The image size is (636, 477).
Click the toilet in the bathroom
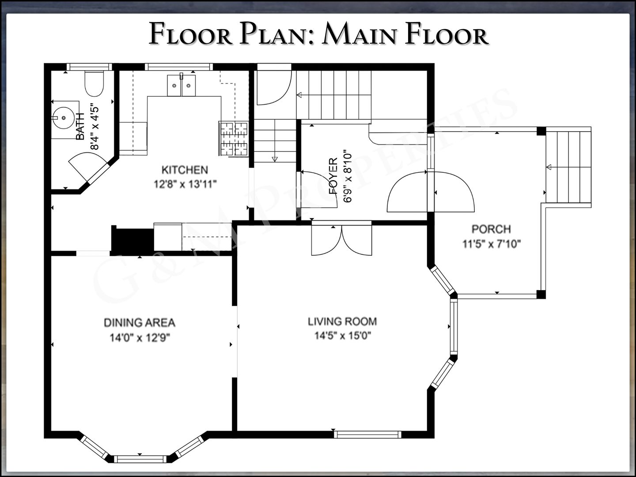coord(94,83)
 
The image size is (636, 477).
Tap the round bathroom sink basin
coord(64,118)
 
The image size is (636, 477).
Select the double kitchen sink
coord(181,85)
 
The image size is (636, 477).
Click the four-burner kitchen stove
coord(234,139)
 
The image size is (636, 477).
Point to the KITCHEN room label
coord(185,170)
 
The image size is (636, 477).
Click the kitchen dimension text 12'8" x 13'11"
coord(185,184)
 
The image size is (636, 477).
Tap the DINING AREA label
coord(140,322)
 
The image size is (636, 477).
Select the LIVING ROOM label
coord(342,322)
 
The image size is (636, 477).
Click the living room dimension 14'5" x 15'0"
coord(343,336)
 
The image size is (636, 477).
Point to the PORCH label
coord(491,229)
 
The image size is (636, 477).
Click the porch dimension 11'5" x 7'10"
coord(492,244)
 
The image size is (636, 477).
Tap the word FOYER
coord(333,176)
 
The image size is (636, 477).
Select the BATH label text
coord(80,127)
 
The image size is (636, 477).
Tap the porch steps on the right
coord(568,167)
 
